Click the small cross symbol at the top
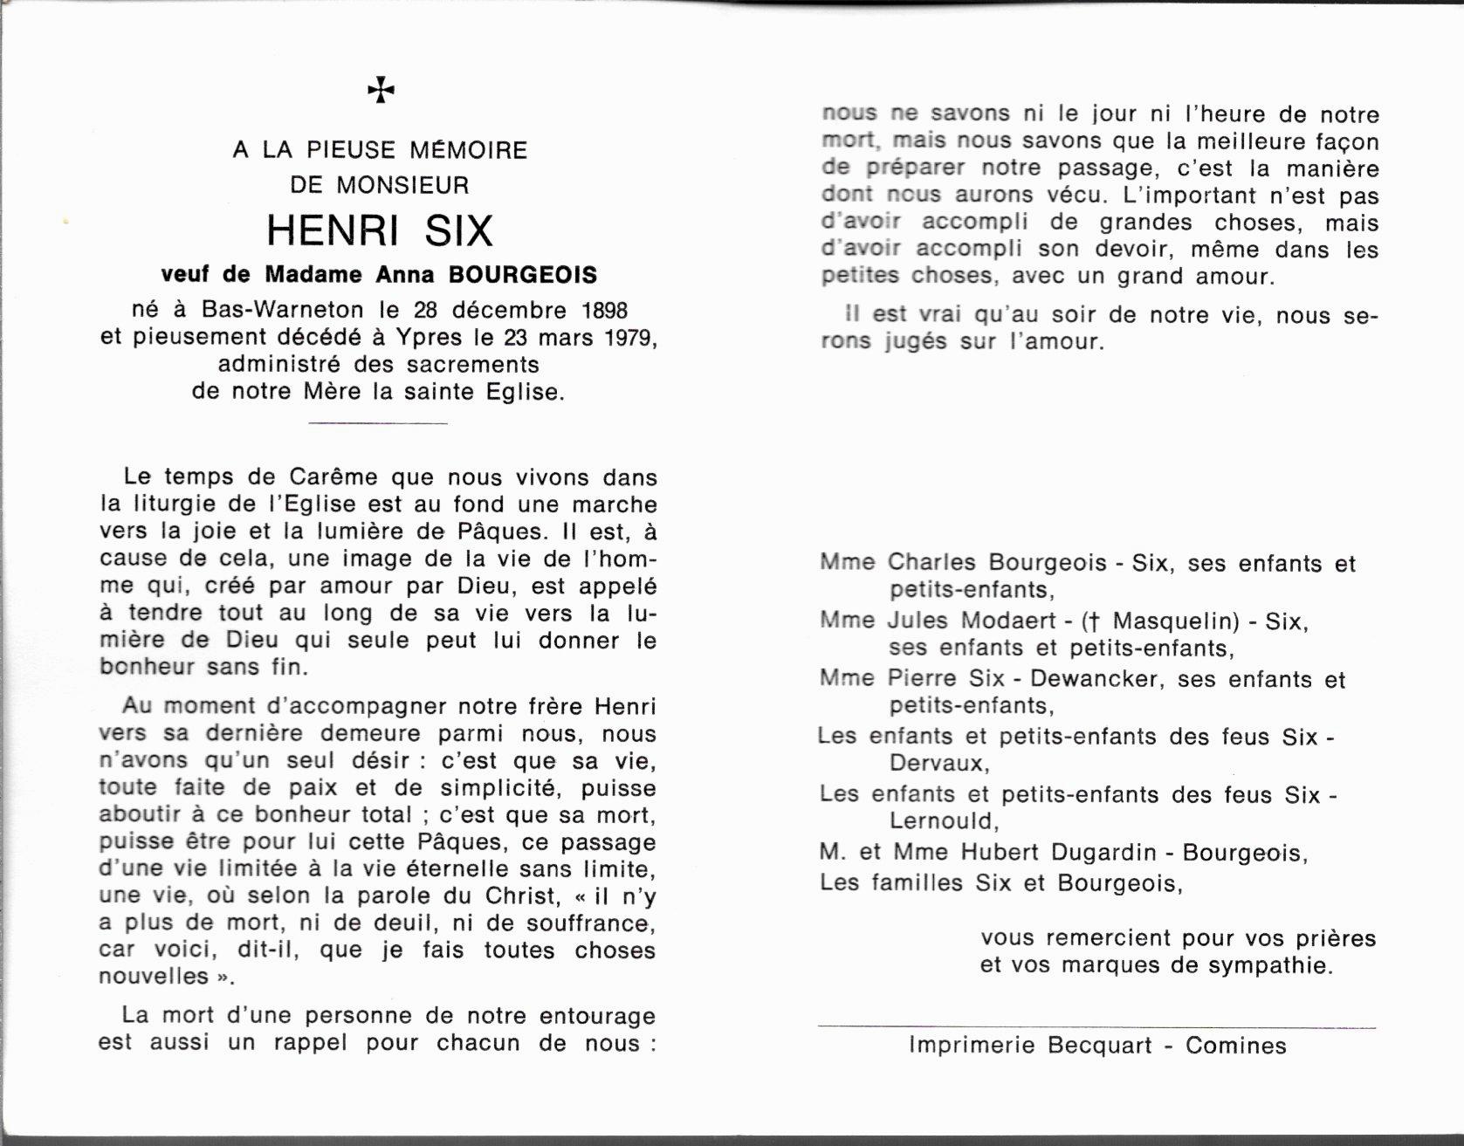[x=381, y=89]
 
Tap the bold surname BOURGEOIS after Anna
[x=523, y=275]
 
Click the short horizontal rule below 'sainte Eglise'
[x=379, y=423]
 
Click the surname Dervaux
[x=938, y=764]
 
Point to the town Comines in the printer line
[x=1235, y=1045]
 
